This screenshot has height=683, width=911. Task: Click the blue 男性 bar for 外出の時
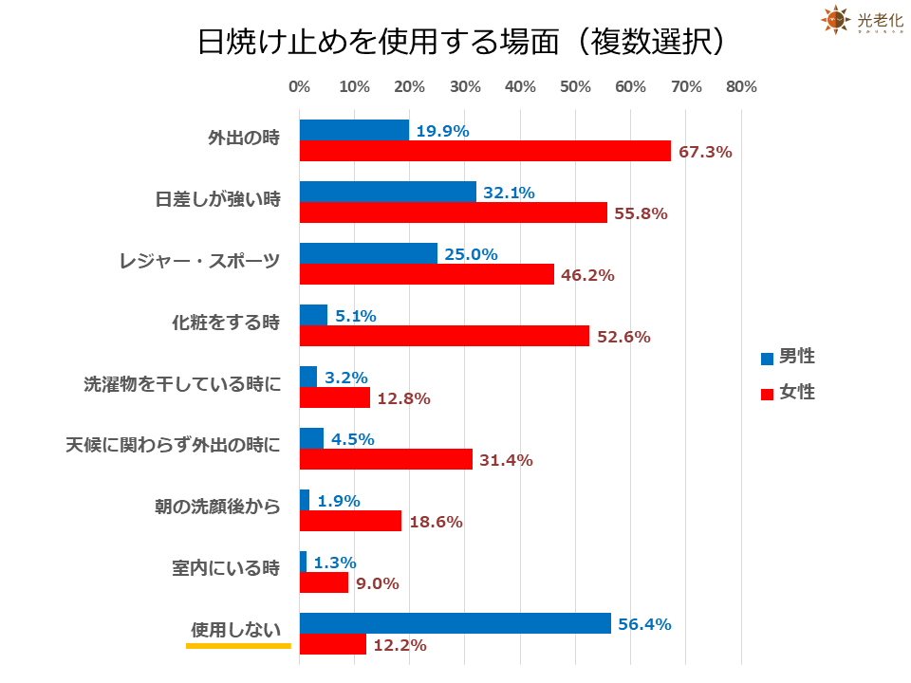point(354,130)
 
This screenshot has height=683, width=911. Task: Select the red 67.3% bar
point(485,151)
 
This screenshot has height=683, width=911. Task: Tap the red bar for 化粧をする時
point(444,336)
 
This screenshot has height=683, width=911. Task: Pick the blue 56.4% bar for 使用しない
point(455,623)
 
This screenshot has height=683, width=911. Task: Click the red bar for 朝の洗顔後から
point(350,521)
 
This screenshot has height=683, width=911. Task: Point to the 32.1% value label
point(509,193)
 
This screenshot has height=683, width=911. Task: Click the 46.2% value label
point(588,275)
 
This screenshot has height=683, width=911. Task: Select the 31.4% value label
point(507,460)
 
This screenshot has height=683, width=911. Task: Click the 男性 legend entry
point(788,358)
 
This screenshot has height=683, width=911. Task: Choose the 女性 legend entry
point(788,392)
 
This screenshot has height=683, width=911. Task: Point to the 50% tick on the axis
point(576,87)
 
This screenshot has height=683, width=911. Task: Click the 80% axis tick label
point(741,87)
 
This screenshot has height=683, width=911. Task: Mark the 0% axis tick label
point(299,87)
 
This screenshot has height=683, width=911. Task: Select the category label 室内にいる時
point(227,569)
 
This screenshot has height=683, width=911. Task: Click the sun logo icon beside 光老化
point(834,19)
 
